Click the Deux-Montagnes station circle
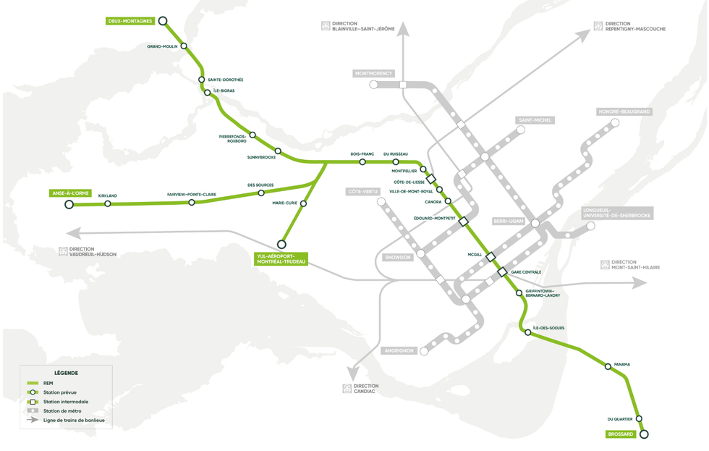163,22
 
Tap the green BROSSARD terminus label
621,434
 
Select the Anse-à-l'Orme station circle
69,205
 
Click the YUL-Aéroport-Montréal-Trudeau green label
281,258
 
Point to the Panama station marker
608,367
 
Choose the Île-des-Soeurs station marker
528,333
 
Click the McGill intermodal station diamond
491,257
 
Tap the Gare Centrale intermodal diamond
502,272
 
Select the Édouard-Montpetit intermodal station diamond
464,222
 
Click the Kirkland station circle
108,204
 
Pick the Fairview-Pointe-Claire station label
191,195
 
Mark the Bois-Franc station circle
362,162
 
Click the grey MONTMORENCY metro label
373,74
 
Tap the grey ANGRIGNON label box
399,351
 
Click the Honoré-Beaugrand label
624,112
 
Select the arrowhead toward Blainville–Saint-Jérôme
402,29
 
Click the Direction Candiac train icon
347,389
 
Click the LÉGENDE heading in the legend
66,373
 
